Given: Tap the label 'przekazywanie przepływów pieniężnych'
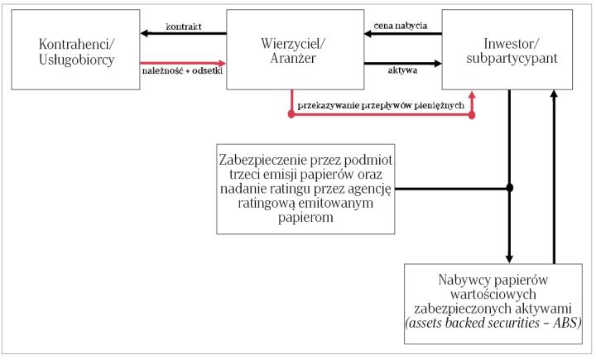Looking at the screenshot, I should [x=382, y=106].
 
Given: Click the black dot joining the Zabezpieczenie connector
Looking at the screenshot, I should [x=509, y=188].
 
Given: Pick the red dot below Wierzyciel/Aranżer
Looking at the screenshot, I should [x=291, y=115].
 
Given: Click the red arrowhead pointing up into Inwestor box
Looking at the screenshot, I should [x=472, y=95].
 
